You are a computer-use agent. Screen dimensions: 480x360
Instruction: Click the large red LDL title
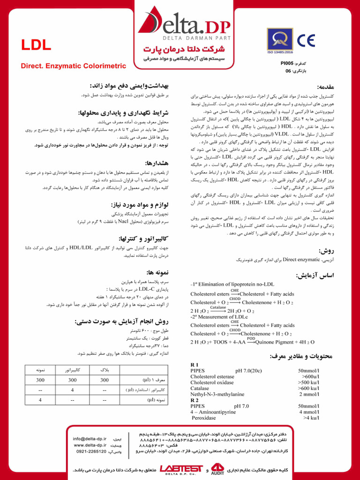click(36, 45)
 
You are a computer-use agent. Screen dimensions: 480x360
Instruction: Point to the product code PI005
click(287, 62)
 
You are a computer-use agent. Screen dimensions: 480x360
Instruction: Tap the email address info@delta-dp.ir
click(90, 438)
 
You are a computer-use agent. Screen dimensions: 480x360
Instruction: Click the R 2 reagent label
click(195, 400)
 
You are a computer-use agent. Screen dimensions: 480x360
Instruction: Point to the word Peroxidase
click(204, 417)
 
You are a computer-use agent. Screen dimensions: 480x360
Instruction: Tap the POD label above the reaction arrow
click(251, 338)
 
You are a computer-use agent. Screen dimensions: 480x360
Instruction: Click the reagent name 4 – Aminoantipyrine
click(213, 412)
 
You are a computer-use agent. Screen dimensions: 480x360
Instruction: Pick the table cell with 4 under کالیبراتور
click(72, 390)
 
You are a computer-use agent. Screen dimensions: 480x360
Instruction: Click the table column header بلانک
click(105, 370)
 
